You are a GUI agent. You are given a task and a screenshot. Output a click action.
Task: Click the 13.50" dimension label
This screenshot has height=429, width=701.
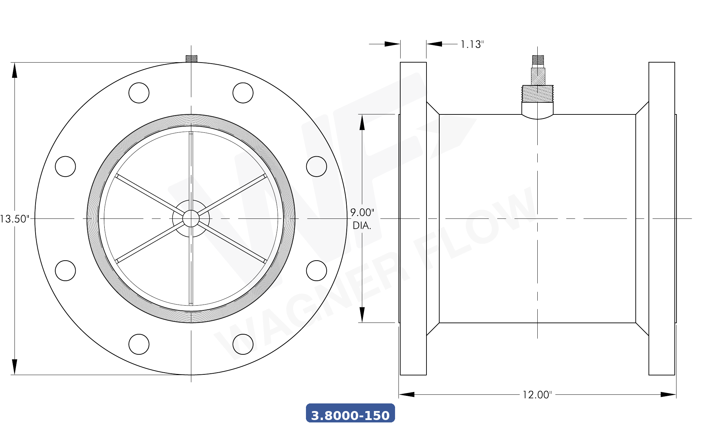(15, 219)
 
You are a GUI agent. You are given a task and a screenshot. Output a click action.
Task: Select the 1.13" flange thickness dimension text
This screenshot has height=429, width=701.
(472, 45)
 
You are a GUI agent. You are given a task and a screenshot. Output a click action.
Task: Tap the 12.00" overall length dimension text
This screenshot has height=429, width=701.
(537, 395)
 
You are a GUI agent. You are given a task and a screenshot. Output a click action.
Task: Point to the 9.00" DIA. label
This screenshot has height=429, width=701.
(362, 219)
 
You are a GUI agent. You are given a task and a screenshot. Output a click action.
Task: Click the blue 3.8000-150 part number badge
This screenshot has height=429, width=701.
(350, 413)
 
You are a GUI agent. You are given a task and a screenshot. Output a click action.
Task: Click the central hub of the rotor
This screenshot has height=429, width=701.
(191, 218)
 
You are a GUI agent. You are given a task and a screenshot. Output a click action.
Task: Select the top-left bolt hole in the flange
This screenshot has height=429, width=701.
(139, 93)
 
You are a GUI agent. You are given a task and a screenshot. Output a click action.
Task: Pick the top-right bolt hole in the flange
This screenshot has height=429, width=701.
(243, 93)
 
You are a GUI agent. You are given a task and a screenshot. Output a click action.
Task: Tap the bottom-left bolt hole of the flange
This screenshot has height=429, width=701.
(139, 344)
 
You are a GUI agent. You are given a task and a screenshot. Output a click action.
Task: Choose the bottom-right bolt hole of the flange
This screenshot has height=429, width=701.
(243, 344)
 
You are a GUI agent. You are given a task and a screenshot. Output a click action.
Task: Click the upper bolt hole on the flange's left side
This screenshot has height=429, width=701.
(65, 167)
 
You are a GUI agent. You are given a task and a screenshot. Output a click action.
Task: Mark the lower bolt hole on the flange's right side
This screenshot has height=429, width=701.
(316, 271)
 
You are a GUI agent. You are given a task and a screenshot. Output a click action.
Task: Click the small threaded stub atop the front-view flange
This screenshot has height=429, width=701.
(191, 59)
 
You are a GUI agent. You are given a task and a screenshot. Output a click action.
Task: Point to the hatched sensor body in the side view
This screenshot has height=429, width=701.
(538, 76)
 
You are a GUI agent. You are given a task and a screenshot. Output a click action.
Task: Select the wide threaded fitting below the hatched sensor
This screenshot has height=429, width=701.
(538, 94)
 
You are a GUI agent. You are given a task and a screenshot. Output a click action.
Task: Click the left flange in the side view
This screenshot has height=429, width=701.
(413, 218)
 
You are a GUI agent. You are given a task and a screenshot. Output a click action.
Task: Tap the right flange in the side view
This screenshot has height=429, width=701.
(662, 218)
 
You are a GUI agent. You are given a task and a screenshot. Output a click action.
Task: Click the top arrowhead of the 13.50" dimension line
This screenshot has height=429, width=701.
(15, 71)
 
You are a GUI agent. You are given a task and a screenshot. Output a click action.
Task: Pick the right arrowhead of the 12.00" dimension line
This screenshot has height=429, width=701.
(668, 394)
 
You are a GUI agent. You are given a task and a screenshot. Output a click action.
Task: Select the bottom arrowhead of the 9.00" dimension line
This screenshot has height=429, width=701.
(362, 314)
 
